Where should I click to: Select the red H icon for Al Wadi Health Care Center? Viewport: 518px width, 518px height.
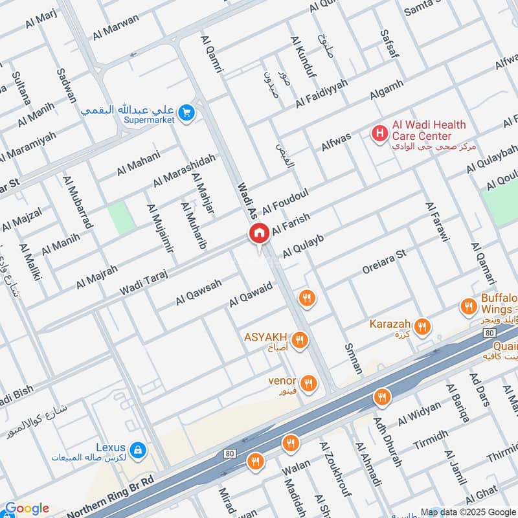click(379, 133)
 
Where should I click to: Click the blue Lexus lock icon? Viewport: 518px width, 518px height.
click(137, 449)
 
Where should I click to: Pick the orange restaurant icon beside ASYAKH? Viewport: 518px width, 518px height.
click(299, 339)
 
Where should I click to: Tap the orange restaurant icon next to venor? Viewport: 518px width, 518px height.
click(308, 383)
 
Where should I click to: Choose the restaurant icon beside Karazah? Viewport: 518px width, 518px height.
click(423, 326)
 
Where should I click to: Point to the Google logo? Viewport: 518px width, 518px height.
click(26, 508)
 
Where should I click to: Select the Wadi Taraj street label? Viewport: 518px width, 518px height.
click(143, 283)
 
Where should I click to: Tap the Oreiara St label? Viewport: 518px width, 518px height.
click(384, 257)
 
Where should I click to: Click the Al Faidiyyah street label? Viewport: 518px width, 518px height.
click(322, 94)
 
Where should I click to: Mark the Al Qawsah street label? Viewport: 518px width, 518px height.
click(198, 293)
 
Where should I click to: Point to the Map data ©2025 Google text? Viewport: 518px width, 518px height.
click(469, 512)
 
